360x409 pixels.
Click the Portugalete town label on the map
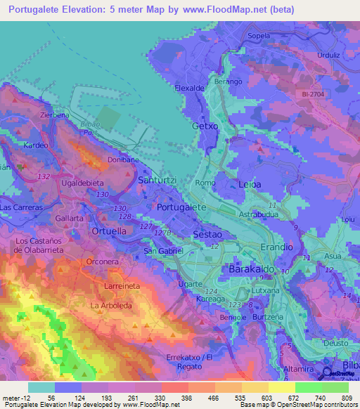[181, 207]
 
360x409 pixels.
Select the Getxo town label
[205, 126]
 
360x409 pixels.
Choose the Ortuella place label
[109, 231]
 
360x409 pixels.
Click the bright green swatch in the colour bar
[309, 387]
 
